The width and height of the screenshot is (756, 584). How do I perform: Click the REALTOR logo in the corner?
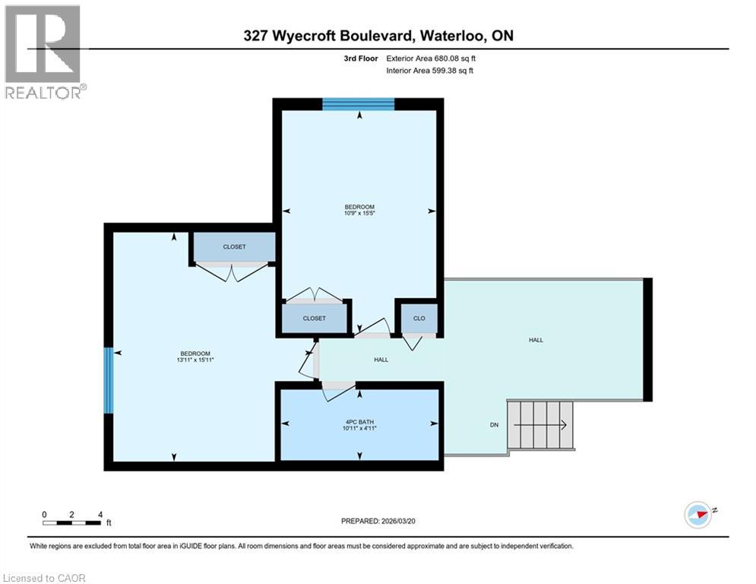(43, 52)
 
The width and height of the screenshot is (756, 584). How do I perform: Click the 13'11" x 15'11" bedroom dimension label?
(195, 361)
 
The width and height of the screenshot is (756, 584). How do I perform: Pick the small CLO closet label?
(419, 319)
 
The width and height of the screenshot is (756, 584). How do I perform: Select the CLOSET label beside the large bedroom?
(234, 247)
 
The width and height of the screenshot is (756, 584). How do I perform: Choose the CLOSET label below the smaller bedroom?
(314, 319)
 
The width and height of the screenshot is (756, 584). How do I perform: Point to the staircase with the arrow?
(540, 426)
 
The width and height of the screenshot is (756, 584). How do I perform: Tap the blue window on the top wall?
(358, 104)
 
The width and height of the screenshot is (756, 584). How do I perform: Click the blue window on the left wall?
(109, 380)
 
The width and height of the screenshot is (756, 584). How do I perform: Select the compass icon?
(699, 514)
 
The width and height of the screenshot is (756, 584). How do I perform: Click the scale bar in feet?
(72, 522)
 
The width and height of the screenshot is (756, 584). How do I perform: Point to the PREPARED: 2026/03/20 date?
(384, 521)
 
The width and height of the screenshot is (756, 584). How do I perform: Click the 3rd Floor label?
(359, 57)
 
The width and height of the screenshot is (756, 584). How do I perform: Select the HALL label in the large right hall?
(536, 340)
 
